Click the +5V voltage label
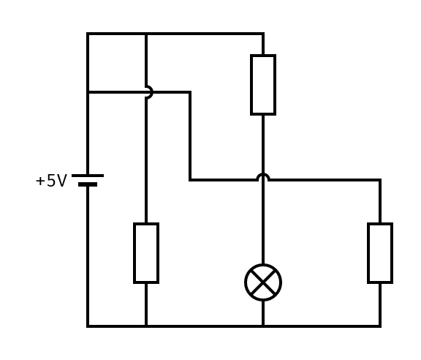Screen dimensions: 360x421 click(51, 181)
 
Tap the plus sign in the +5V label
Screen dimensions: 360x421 click(39, 181)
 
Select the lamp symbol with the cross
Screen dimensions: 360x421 click(263, 282)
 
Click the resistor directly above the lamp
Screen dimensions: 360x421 click(263, 85)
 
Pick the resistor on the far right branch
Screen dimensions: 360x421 click(380, 253)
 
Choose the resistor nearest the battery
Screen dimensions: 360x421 click(146, 253)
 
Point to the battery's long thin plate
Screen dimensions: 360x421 click(88, 176)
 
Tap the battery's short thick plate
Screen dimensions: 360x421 click(88, 184)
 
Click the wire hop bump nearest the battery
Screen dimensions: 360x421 click(148, 92)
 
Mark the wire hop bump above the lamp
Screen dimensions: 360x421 click(263, 178)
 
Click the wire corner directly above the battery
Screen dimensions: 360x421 click(88, 34)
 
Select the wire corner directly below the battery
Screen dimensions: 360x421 click(88, 326)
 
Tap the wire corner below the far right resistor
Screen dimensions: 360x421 click(380, 326)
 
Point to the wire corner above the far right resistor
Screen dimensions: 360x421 click(380, 180)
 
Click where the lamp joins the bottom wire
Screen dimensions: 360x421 click(263, 326)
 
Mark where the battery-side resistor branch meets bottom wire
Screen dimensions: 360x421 click(146, 326)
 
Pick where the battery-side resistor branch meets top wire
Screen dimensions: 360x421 click(146, 34)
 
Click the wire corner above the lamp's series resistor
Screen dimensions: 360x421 click(263, 34)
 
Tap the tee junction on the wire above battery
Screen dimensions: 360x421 click(88, 92)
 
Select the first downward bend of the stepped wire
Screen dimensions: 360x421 click(190, 92)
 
